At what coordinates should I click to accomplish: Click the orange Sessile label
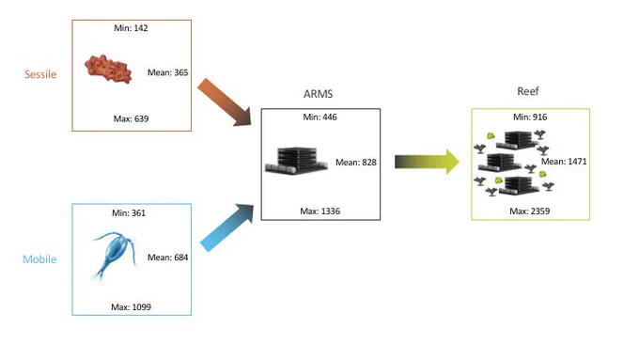tap(40, 74)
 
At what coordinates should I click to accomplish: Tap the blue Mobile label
tap(39, 258)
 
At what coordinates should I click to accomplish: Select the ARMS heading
tap(318, 94)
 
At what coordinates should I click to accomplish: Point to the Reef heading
tap(528, 91)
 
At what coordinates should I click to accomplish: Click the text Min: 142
tap(131, 28)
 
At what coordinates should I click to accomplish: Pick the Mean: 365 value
tap(167, 72)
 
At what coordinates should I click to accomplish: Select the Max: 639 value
tap(131, 118)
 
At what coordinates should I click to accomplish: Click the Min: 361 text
tap(129, 212)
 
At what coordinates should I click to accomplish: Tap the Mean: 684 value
tap(167, 258)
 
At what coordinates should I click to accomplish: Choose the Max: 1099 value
tap(131, 307)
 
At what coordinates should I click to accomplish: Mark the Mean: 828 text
tap(356, 163)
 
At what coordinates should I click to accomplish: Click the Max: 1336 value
tap(319, 211)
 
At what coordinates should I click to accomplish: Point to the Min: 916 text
tap(530, 117)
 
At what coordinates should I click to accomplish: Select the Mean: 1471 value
tap(564, 162)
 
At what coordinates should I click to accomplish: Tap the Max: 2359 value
tap(529, 211)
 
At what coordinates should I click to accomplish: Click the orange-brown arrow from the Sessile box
tap(225, 102)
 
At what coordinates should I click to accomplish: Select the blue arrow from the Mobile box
tap(226, 227)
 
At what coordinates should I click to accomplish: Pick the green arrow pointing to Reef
tap(427, 162)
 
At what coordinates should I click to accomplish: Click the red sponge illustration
tap(108, 69)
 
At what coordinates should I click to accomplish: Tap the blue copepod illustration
tap(113, 255)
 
